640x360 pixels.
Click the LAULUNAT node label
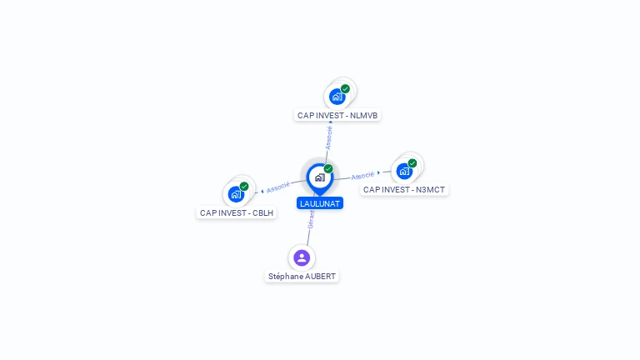pos(320,203)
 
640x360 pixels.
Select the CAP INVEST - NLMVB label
pos(337,115)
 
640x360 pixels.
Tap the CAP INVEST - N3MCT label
pos(404,190)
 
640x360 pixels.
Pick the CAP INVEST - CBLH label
pos(237,212)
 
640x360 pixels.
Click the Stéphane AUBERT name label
pos(302,276)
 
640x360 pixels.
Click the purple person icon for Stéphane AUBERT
pos(302,257)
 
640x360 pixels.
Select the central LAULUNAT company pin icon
pos(319,177)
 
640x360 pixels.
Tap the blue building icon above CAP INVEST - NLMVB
pos(337,97)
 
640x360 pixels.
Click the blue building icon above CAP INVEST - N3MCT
pos(404,172)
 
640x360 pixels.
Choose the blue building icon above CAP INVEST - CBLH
pos(236,195)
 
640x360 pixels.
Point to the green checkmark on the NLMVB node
pos(345,88)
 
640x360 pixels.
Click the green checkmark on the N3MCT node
pos(412,163)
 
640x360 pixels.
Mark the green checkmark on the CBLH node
pos(244,187)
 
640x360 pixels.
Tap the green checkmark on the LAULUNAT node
pos(328,169)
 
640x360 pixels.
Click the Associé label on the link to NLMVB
pos(329,137)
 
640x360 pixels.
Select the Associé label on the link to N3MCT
pos(362,176)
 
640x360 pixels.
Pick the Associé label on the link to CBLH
pos(278,187)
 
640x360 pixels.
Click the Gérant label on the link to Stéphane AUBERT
pos(311,219)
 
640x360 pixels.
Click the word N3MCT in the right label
pos(430,190)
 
